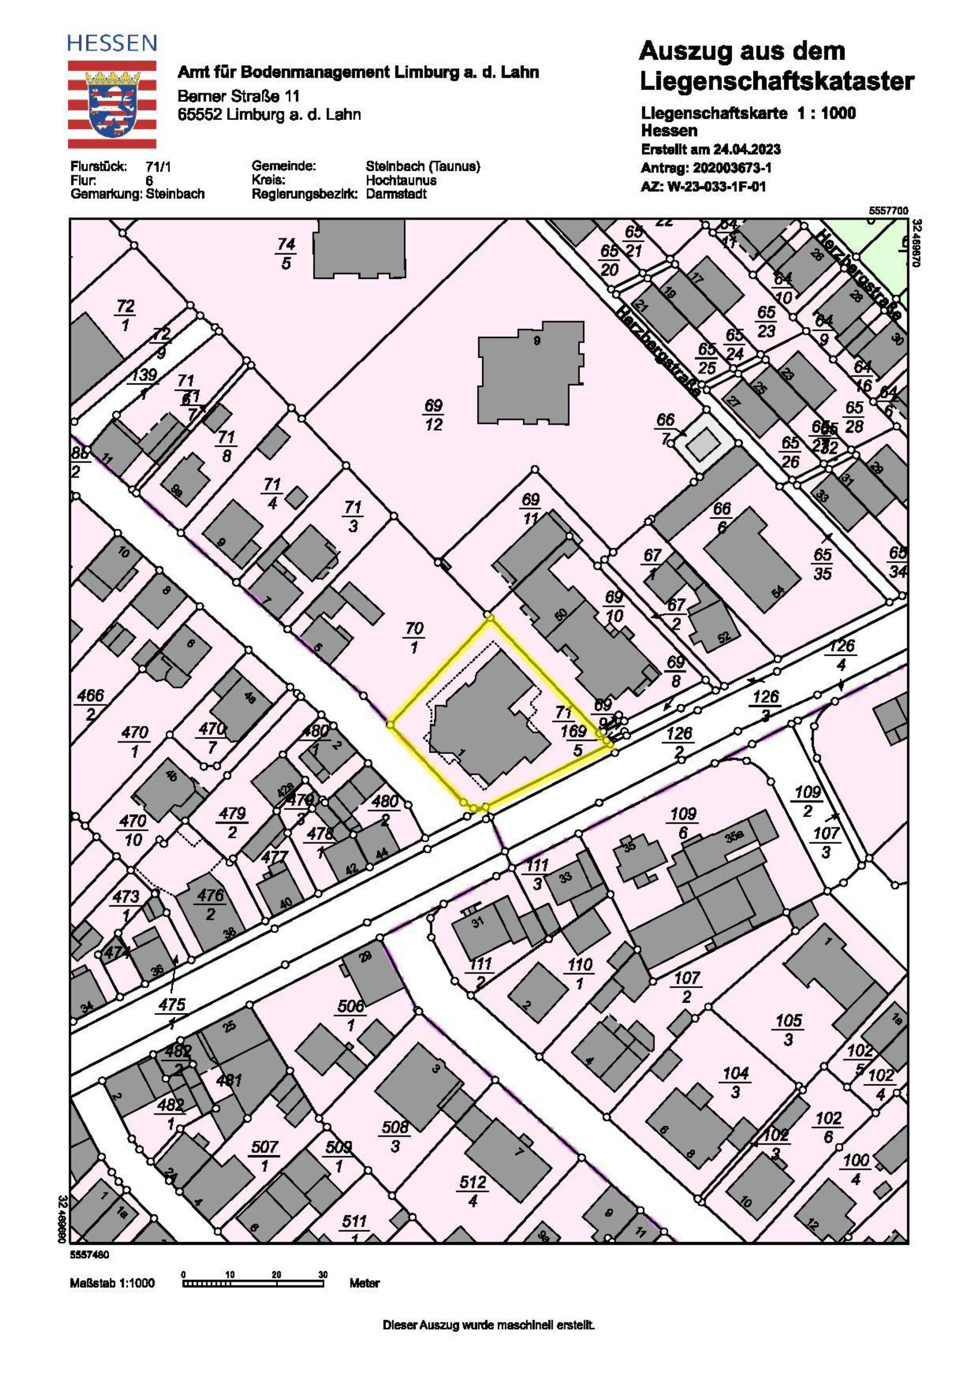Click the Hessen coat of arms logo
pyautogui.click(x=111, y=104)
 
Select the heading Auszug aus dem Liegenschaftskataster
pyautogui.click(x=776, y=66)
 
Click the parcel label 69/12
pyautogui.click(x=434, y=415)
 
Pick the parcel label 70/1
pyautogui.click(x=414, y=637)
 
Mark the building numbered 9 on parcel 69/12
pyautogui.click(x=530, y=372)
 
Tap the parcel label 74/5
pyautogui.click(x=286, y=253)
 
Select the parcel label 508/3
pyautogui.click(x=395, y=1136)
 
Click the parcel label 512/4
pyautogui.click(x=473, y=1191)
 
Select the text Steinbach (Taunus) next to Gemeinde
pyautogui.click(x=423, y=166)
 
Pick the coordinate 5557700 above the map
pyautogui.click(x=887, y=211)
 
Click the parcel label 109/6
pyautogui.click(x=683, y=823)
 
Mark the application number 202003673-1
pyautogui.click(x=732, y=168)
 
